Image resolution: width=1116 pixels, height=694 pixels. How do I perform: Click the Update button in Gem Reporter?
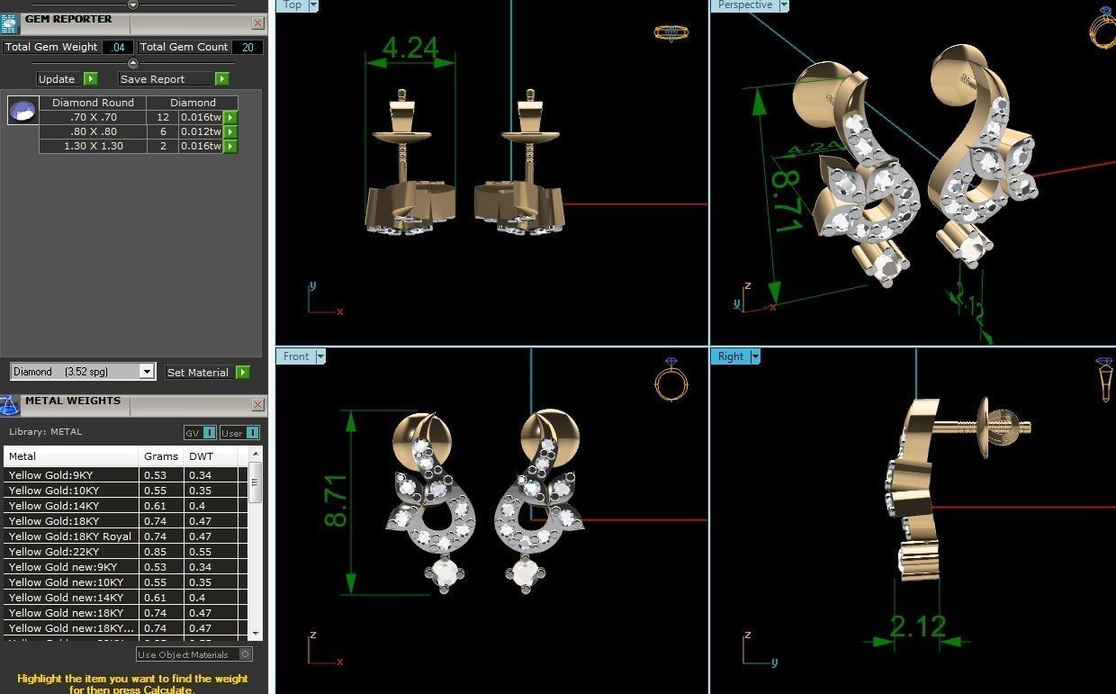click(x=58, y=79)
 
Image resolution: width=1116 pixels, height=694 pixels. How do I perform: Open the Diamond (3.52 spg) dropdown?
click(x=147, y=372)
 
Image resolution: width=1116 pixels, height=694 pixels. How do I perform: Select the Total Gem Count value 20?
click(x=247, y=47)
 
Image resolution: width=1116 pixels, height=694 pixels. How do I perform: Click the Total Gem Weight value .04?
click(x=118, y=47)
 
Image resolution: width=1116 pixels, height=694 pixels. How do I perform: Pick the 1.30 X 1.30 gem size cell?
click(x=93, y=146)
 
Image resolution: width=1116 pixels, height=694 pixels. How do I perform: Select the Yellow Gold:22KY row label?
click(x=51, y=552)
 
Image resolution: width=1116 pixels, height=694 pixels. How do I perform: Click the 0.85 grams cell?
click(x=155, y=552)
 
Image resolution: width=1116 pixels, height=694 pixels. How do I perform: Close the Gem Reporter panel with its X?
click(x=258, y=23)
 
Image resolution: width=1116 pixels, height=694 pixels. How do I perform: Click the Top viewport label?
click(x=292, y=5)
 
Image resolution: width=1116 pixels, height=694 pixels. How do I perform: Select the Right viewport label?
click(x=730, y=356)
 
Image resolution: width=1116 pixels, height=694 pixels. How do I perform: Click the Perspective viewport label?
click(x=744, y=5)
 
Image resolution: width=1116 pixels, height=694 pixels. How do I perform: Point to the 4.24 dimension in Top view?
click(x=410, y=48)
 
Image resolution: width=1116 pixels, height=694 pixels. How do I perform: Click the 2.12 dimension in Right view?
click(x=917, y=625)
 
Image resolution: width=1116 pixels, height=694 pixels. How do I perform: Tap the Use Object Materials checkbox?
click(x=246, y=654)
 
